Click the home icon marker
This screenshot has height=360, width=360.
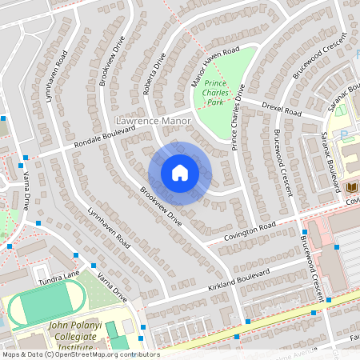(x=180, y=173)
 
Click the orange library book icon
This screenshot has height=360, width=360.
(x=351, y=187)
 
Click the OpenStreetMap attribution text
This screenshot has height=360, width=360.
(x=80, y=354)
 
